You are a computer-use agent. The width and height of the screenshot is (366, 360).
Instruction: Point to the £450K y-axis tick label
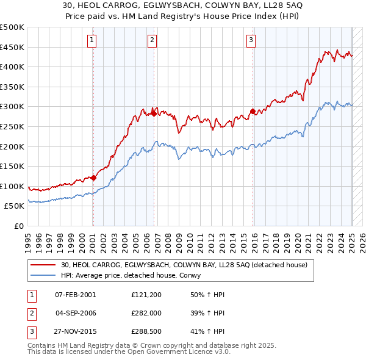[12, 47]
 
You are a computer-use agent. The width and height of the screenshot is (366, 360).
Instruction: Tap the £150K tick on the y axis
[12, 166]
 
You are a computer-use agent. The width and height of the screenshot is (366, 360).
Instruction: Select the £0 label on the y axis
[18, 226]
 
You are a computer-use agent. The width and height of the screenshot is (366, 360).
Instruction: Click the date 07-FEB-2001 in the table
[76, 295]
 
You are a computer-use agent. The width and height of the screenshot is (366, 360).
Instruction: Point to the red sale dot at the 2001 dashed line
[93, 178]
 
